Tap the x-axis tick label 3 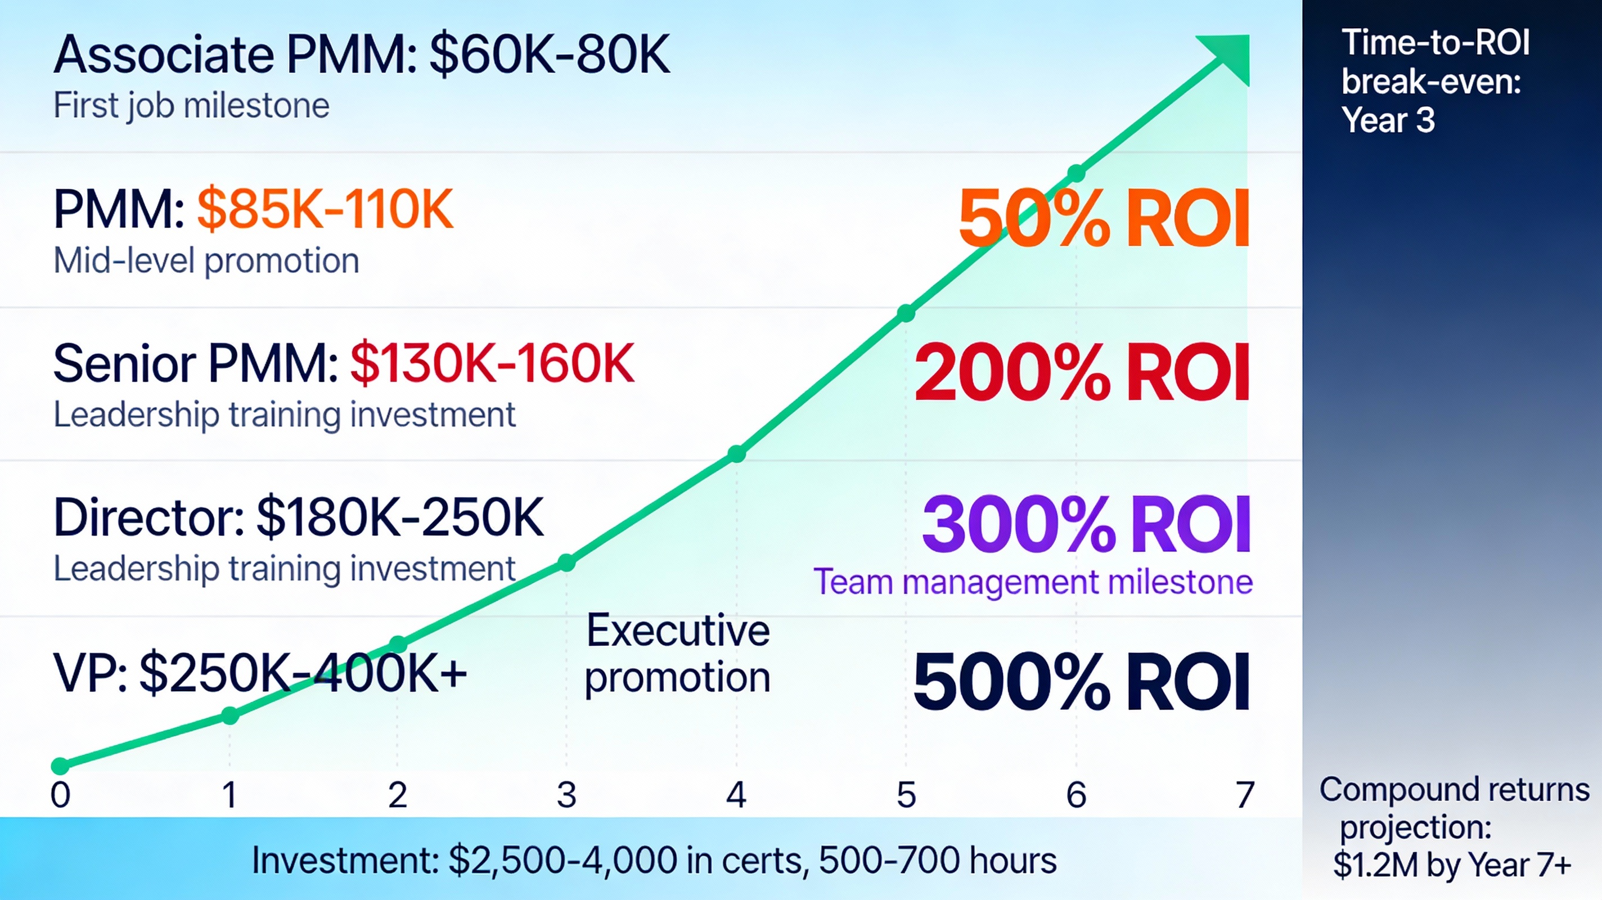[x=566, y=794]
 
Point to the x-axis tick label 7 [x=1244, y=794]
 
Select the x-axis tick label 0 [x=60, y=794]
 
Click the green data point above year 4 [x=736, y=454]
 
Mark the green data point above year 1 [x=230, y=716]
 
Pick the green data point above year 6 [x=1076, y=174]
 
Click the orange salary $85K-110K [x=325, y=210]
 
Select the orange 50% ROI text [x=1104, y=218]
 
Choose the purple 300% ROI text [x=1086, y=524]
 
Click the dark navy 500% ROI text [x=1081, y=682]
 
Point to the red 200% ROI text [x=1082, y=372]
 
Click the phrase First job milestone [x=191, y=105]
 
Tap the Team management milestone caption [x=1033, y=582]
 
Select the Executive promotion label [x=678, y=653]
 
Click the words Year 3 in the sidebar [x=1388, y=120]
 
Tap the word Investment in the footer [x=345, y=861]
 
